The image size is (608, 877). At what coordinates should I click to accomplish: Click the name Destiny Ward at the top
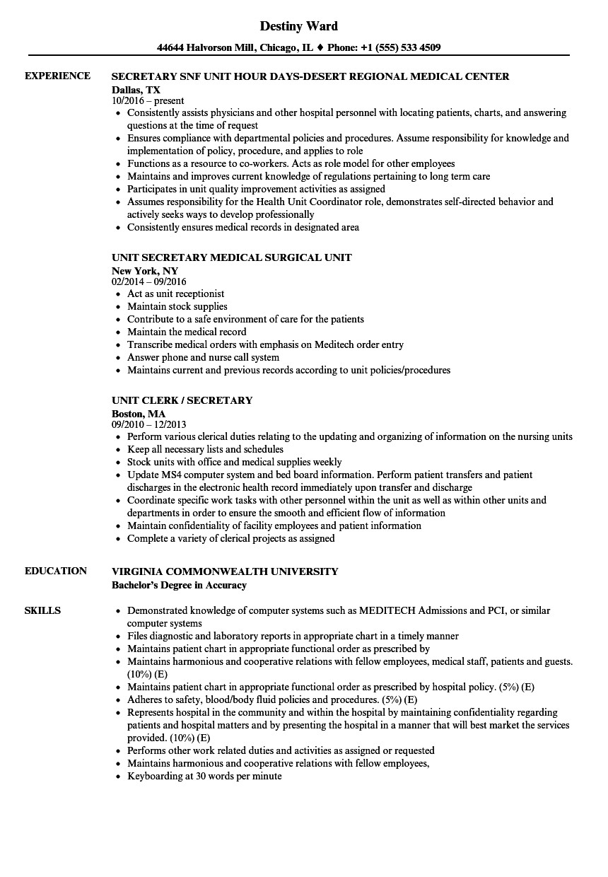pyautogui.click(x=298, y=26)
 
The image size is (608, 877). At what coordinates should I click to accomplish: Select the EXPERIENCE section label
pyautogui.click(x=57, y=76)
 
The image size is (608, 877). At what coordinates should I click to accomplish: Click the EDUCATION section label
pyautogui.click(x=56, y=571)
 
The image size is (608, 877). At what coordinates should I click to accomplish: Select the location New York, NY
pyautogui.click(x=145, y=271)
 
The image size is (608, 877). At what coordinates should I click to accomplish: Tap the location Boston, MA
pyautogui.click(x=139, y=413)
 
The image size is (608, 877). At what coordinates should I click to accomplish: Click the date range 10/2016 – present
pyautogui.click(x=148, y=101)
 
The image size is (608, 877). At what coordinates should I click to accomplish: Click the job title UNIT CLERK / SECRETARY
pyautogui.click(x=182, y=400)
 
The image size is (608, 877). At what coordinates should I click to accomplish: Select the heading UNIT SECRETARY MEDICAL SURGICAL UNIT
pyautogui.click(x=231, y=257)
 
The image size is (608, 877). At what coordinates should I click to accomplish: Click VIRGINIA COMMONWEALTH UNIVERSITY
pyautogui.click(x=225, y=571)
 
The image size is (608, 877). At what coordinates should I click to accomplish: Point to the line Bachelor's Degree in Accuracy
pyautogui.click(x=179, y=584)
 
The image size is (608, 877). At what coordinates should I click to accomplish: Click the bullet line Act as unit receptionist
pyautogui.click(x=175, y=294)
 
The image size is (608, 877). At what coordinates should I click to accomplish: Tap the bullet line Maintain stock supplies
pyautogui.click(x=177, y=306)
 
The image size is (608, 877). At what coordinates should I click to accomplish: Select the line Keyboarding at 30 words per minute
pyautogui.click(x=204, y=776)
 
